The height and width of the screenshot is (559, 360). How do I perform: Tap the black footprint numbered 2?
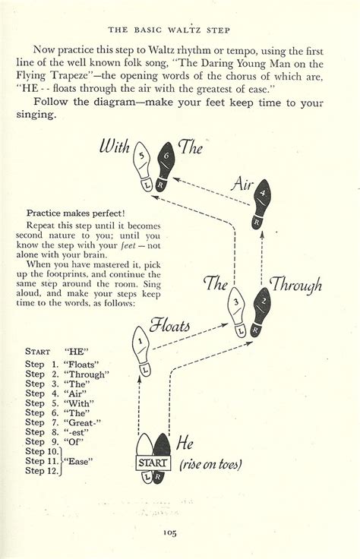tap(261, 310)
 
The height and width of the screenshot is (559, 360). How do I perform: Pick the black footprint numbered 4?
tap(262, 203)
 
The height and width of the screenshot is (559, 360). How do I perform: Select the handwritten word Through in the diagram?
tap(298, 286)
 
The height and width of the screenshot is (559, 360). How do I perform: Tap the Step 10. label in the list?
tap(42, 451)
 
